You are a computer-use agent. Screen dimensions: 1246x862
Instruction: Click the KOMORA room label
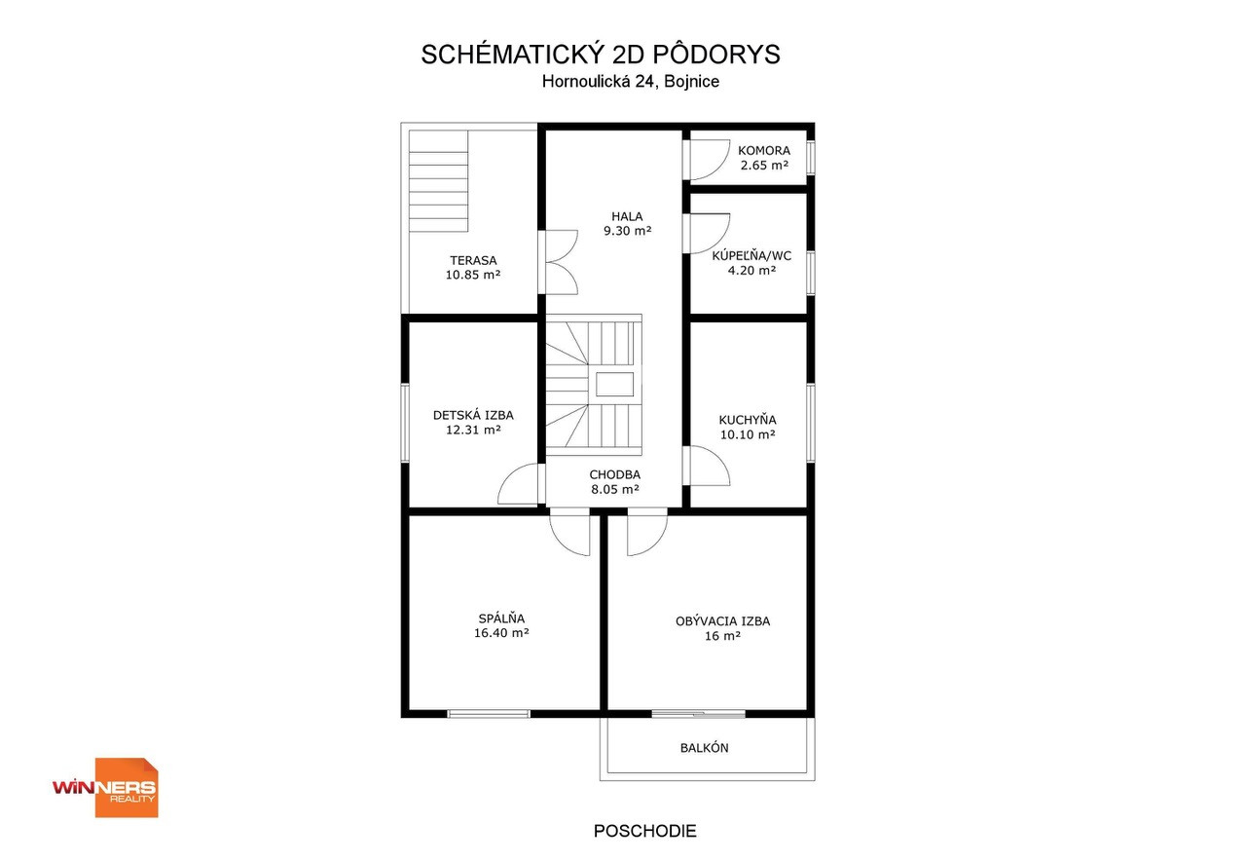(x=764, y=150)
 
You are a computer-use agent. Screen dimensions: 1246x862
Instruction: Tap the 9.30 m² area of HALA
(x=628, y=231)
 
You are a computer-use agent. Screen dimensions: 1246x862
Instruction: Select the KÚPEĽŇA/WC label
(x=751, y=256)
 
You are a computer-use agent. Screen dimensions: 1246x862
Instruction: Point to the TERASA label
(x=473, y=260)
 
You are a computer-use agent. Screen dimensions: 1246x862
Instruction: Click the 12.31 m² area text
(x=473, y=430)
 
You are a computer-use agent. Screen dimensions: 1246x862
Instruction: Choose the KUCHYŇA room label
(x=748, y=420)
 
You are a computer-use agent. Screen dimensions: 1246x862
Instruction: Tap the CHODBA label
(x=614, y=474)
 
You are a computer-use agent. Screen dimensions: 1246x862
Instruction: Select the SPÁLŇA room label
(x=501, y=618)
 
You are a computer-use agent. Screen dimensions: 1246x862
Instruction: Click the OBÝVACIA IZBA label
(x=722, y=621)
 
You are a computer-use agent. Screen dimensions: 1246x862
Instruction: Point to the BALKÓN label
(x=704, y=747)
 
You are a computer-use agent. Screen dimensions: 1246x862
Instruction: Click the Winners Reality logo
(x=105, y=787)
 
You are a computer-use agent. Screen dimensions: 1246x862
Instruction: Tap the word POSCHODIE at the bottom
(x=644, y=831)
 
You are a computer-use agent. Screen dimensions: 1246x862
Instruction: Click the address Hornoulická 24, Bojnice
(x=630, y=81)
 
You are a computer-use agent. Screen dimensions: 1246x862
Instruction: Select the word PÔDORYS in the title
(x=715, y=54)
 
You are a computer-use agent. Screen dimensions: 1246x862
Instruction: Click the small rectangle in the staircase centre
(x=614, y=384)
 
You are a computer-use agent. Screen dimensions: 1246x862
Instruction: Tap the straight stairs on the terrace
(x=438, y=181)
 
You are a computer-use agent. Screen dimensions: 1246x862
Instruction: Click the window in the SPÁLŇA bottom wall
(x=489, y=713)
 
